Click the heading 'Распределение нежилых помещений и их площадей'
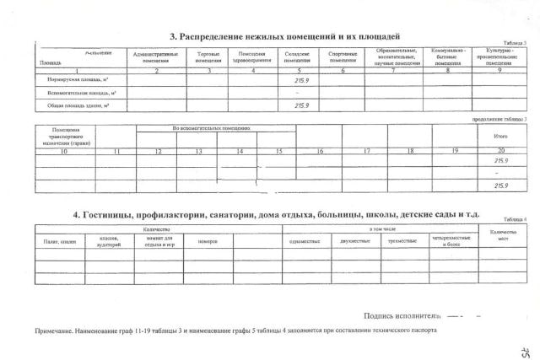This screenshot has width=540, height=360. pyautogui.click(x=284, y=36)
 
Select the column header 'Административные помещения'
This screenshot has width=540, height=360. pyautogui.click(x=152, y=57)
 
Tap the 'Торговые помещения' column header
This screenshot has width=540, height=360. pyautogui.click(x=208, y=57)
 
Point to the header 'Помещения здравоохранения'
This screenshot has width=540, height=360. pyautogui.click(x=252, y=57)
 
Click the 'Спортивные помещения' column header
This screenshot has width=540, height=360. pyautogui.click(x=343, y=57)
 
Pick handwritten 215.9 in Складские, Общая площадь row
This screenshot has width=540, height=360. pyautogui.click(x=300, y=106)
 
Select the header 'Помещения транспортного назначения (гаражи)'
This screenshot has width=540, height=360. pyautogui.click(x=64, y=137)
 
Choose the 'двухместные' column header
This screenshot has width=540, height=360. pyautogui.click(x=353, y=242)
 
